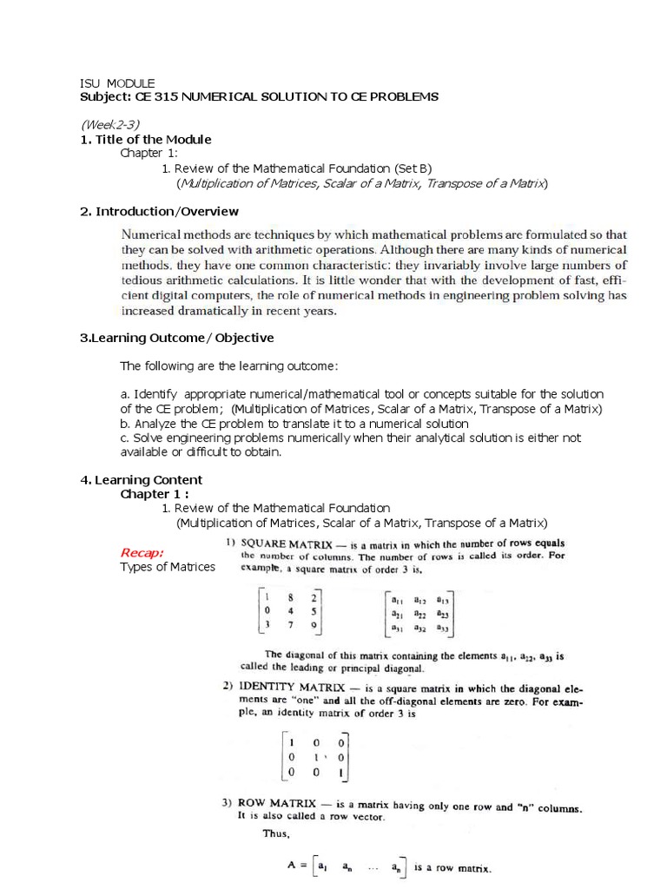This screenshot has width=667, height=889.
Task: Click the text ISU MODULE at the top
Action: click(117, 82)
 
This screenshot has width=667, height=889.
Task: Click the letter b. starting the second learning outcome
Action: click(126, 423)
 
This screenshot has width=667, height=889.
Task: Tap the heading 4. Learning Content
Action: click(142, 479)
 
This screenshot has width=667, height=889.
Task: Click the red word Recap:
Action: click(142, 552)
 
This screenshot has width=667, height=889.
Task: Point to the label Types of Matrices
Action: click(168, 567)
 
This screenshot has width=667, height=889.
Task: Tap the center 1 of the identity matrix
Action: click(319, 756)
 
